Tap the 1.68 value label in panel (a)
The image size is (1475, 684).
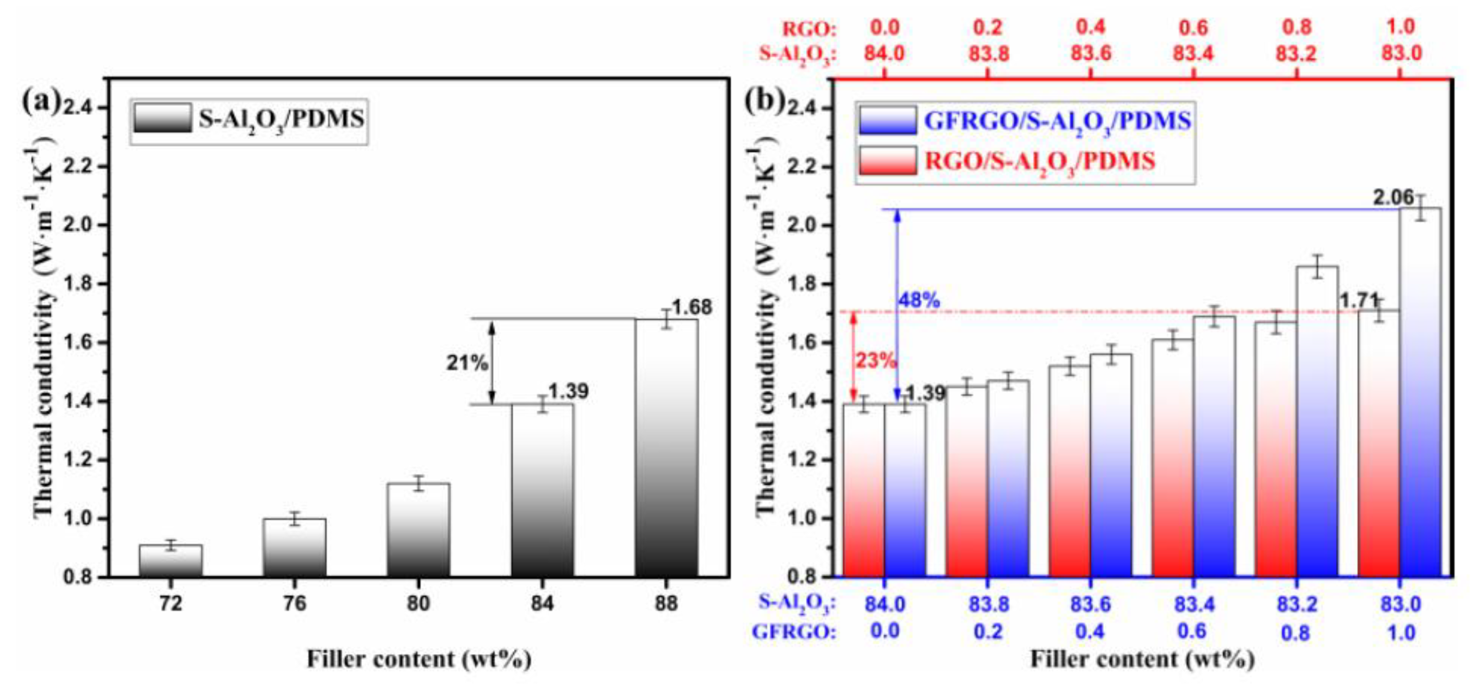[692, 307]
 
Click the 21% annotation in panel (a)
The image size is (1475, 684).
[467, 363]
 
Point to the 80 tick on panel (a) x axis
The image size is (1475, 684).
[418, 603]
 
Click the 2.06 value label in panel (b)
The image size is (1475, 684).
[1393, 198]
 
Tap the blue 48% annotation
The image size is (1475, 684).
[919, 300]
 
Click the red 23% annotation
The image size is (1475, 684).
[875, 361]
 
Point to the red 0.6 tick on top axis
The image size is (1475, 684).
[1193, 27]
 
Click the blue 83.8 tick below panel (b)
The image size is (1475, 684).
[988, 604]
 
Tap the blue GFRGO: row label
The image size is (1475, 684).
[793, 632]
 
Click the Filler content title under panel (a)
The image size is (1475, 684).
[418, 659]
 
